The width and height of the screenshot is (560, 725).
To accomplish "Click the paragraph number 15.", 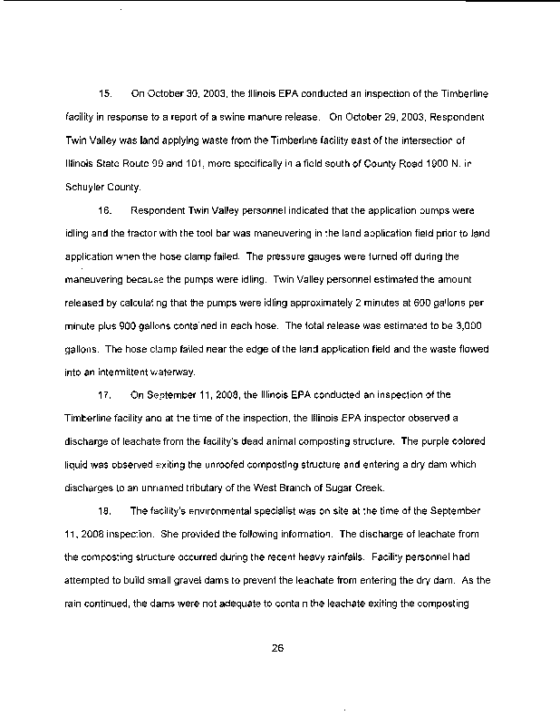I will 103,93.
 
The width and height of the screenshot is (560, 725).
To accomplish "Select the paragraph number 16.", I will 103,210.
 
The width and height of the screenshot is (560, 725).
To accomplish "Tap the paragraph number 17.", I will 103,395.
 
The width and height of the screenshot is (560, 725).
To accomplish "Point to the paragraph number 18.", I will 103,512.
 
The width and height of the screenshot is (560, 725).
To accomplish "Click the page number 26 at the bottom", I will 279,647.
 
